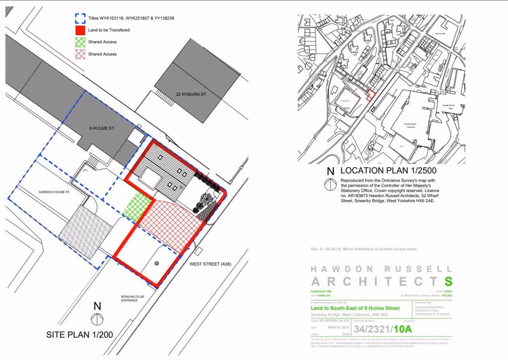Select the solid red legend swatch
(x=80, y=31)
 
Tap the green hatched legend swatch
(x=80, y=42)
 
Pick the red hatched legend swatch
(x=80, y=54)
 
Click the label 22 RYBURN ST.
(x=191, y=94)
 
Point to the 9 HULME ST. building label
(x=102, y=128)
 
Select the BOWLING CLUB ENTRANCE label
(x=133, y=298)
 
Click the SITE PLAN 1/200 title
(x=79, y=335)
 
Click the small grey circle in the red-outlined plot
(x=156, y=263)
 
